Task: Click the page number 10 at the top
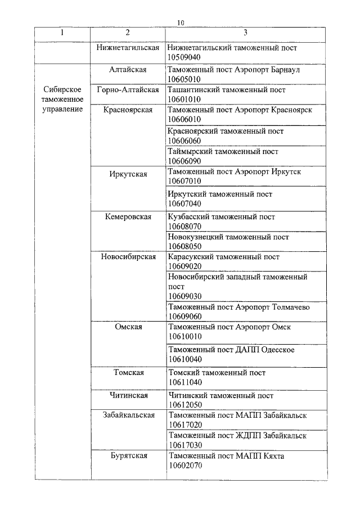pos(180,22)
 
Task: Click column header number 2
pos(128,33)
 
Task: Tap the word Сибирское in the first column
pos(63,90)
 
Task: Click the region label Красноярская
pos(128,110)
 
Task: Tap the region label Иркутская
pos(128,174)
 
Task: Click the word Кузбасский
pos(187,216)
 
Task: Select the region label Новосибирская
pos(128,257)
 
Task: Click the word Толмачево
pos(290,307)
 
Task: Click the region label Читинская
pos(128,395)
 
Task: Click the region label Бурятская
pos(128,456)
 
